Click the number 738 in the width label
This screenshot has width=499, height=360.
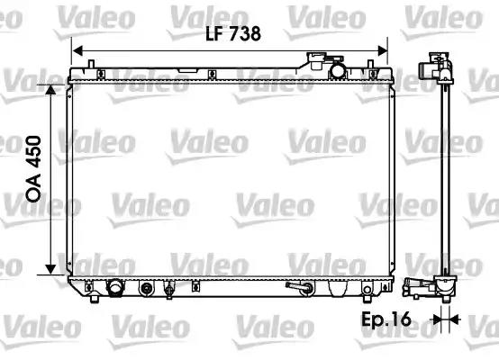[x=245, y=33]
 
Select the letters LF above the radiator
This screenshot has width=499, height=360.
[x=214, y=33]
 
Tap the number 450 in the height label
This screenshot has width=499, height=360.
[x=33, y=152]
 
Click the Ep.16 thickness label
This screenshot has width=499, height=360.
[x=386, y=319]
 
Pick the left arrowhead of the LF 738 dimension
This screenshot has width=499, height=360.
[x=77, y=50]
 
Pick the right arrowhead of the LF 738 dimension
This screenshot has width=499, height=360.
[x=383, y=50]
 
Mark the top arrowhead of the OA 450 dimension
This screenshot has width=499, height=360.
[x=50, y=90]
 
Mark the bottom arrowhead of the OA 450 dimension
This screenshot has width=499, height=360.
[x=50, y=269]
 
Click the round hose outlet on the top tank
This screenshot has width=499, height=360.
[x=338, y=71]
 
